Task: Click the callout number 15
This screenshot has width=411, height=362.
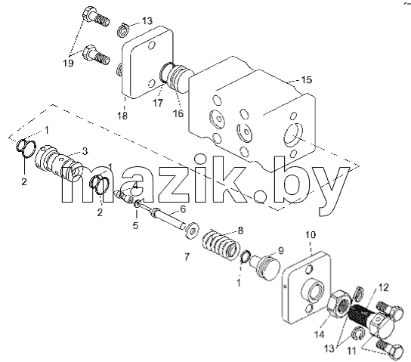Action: (x=307, y=79)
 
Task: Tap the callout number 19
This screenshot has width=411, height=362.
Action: (x=68, y=63)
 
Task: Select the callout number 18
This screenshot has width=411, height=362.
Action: (x=122, y=116)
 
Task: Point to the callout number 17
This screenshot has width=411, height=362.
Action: (x=158, y=103)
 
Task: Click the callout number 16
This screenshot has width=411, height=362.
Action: (x=178, y=113)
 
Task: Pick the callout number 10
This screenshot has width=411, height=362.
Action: (x=311, y=235)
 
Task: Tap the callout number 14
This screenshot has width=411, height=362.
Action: (x=320, y=335)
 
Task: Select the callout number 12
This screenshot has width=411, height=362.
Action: (x=383, y=287)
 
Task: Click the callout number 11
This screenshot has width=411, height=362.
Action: (x=351, y=350)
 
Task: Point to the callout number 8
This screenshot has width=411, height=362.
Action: (x=240, y=231)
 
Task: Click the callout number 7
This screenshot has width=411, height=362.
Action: (x=187, y=257)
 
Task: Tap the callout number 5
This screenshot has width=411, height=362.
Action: (x=135, y=225)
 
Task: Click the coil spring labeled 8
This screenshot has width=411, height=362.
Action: (x=221, y=244)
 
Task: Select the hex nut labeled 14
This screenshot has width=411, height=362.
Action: (x=339, y=304)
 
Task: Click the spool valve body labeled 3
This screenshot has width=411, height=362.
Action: (x=58, y=162)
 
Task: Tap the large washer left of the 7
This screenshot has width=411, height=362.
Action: (x=191, y=231)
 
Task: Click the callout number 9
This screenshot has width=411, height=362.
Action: (x=281, y=251)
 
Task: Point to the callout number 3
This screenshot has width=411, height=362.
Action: (x=85, y=151)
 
